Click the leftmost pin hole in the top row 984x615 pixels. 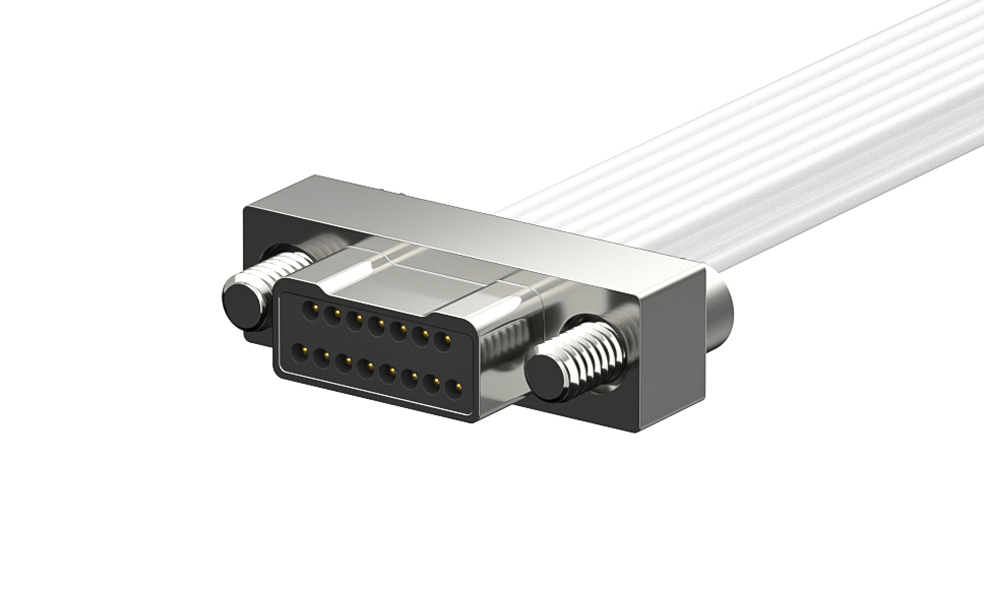click(309, 311)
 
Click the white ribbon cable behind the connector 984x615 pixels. click(717, 154)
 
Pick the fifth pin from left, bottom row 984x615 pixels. click(388, 374)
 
